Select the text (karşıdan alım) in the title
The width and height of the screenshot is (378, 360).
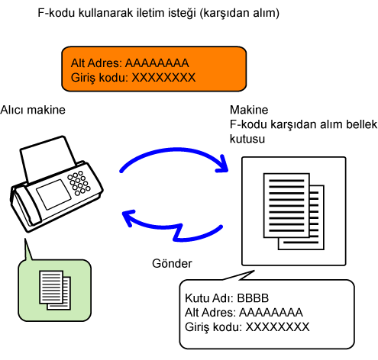point(239,13)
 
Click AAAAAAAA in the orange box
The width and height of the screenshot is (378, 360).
point(157,63)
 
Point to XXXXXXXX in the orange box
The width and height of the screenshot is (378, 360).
point(163,78)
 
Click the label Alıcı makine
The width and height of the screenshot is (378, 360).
point(33,110)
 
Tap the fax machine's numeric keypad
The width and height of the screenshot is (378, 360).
point(79,183)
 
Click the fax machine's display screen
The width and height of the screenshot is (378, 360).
point(53,194)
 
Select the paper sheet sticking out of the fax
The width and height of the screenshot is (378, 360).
point(47,159)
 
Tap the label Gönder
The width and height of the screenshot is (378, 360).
point(172,263)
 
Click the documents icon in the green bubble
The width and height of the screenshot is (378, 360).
point(55,290)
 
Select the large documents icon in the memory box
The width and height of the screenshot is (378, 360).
point(294,211)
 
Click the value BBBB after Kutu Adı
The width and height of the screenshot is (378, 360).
point(253,298)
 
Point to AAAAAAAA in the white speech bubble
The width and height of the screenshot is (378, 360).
point(271,313)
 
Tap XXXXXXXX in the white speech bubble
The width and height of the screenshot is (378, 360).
point(277,327)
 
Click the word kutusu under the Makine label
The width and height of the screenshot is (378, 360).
point(247,139)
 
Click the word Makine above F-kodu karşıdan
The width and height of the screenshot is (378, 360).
point(249,110)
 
